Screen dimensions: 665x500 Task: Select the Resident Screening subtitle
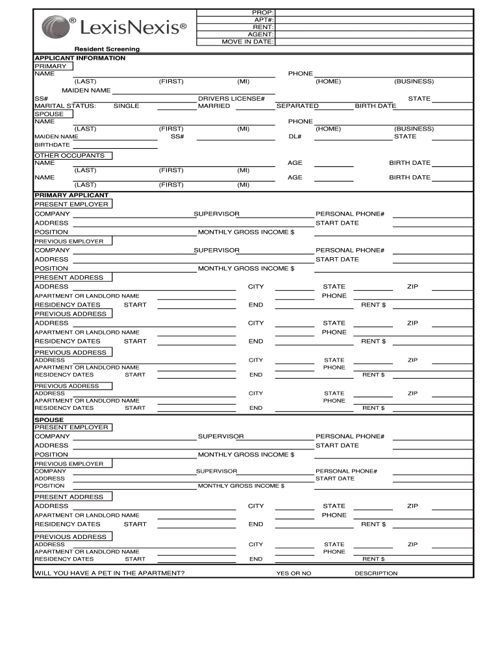[x=106, y=49]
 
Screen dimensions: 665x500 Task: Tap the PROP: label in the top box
[x=263, y=13]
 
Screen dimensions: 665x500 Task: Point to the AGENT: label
[x=261, y=34]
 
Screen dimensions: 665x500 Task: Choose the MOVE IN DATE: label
[x=248, y=42]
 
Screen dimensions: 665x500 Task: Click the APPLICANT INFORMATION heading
[x=80, y=58]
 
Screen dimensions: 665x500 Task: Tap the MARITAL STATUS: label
[x=65, y=106]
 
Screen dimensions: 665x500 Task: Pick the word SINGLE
[x=126, y=106]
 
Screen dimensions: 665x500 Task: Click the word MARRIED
[x=214, y=106]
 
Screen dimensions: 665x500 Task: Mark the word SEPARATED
[x=297, y=106]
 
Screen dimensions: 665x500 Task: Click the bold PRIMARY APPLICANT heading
[x=71, y=195]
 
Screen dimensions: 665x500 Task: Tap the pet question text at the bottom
[x=109, y=573]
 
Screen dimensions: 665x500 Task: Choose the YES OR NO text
[x=294, y=573]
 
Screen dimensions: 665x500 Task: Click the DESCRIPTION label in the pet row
[x=376, y=573]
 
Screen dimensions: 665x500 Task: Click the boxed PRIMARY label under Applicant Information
[x=50, y=66]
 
